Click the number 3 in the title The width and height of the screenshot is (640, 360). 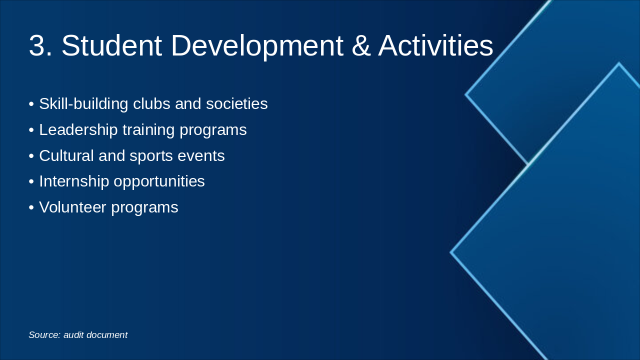click(x=40, y=45)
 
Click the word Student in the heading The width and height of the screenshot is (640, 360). click(x=112, y=45)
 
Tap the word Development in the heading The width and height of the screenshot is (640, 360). click(x=257, y=46)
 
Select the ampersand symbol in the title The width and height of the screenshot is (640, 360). click(x=361, y=45)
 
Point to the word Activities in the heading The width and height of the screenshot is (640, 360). click(x=435, y=45)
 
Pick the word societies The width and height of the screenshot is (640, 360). click(x=237, y=103)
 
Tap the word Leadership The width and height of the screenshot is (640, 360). click(x=78, y=130)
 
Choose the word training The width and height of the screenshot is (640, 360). click(x=148, y=130)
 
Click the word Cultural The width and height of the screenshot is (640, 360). click(x=66, y=155)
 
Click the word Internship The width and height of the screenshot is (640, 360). click(x=74, y=181)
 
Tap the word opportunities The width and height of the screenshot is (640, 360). click(x=159, y=181)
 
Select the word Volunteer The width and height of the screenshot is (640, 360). click(x=72, y=207)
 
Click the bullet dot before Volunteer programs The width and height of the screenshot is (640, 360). click(x=31, y=207)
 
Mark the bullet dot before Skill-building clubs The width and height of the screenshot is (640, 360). click(x=31, y=104)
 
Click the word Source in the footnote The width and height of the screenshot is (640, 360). click(x=44, y=335)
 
